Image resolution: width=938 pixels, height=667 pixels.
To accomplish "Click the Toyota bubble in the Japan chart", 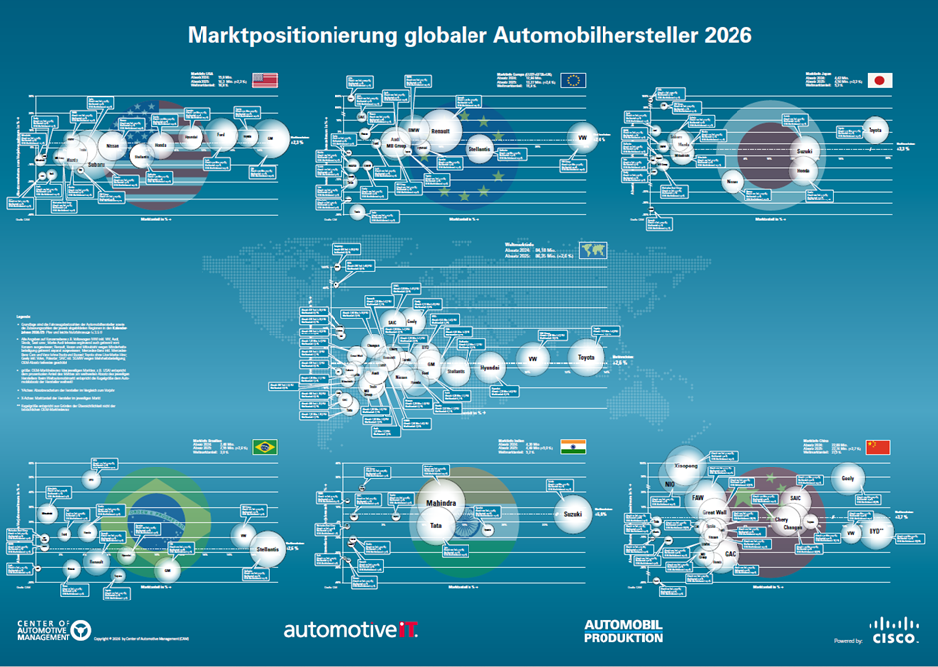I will coord(874,130).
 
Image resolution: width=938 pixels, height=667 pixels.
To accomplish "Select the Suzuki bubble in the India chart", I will coord(571,515).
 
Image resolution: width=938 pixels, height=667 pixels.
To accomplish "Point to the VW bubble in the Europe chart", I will coord(582,138).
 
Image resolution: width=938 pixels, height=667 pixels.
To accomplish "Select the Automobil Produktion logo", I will coord(623,630).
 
